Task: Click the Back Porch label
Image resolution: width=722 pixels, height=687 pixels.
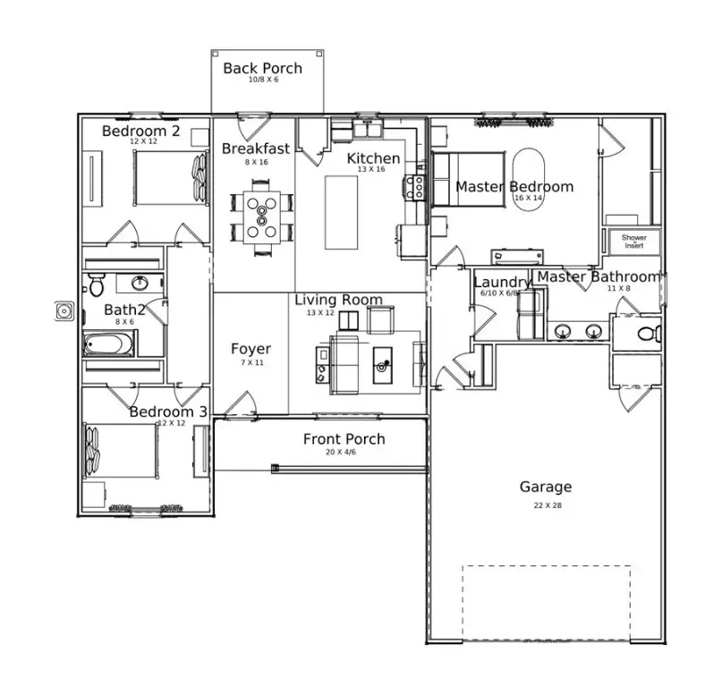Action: (x=262, y=68)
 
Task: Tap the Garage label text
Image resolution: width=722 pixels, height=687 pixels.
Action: (x=545, y=488)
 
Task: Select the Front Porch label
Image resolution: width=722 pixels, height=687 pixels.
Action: (x=344, y=439)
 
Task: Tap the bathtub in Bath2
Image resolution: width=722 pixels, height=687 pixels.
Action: (x=109, y=343)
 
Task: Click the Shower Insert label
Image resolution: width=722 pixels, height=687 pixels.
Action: (x=633, y=242)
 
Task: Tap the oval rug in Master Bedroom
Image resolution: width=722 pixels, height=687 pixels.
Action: (x=528, y=178)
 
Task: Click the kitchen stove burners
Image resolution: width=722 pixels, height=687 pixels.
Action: (x=416, y=186)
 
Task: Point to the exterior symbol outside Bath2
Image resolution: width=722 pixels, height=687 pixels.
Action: (x=64, y=311)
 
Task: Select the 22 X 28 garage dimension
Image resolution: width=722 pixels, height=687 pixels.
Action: (x=546, y=505)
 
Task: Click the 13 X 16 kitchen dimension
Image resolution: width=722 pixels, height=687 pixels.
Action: (x=372, y=169)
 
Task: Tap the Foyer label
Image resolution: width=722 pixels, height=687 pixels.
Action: (x=251, y=349)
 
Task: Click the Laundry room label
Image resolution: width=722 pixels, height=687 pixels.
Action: (x=502, y=283)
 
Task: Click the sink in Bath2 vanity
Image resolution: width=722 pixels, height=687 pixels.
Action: (x=140, y=284)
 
